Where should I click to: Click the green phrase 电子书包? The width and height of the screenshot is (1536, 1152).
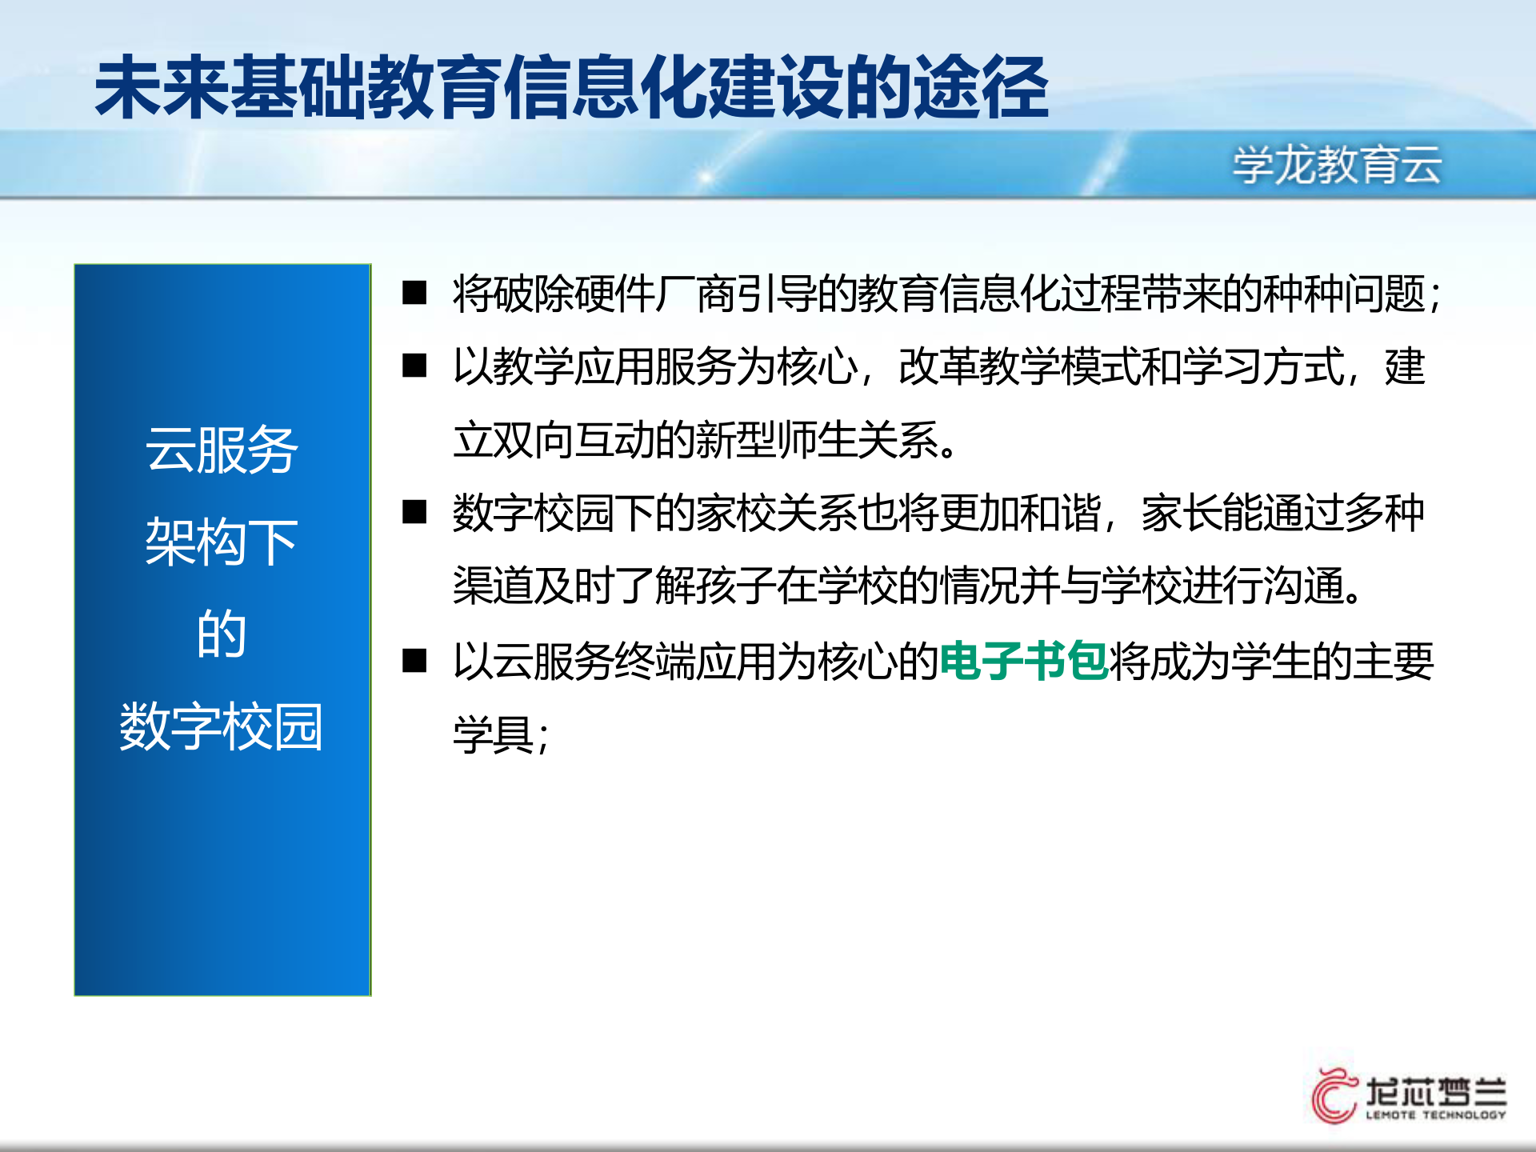point(1023,662)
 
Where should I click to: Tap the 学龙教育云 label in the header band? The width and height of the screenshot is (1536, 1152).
point(1337,165)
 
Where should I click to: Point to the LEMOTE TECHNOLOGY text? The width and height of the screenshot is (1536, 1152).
point(1435,1114)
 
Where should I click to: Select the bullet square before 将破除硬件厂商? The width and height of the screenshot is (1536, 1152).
point(414,293)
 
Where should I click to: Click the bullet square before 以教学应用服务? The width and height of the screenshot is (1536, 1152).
point(414,366)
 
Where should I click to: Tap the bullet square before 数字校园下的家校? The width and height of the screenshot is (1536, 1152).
point(414,512)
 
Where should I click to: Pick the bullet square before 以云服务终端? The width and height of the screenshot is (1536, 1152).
point(414,661)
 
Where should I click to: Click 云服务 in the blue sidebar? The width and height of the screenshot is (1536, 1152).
point(222,450)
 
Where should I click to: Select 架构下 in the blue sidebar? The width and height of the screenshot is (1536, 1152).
point(222,542)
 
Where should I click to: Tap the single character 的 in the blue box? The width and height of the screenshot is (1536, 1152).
point(222,634)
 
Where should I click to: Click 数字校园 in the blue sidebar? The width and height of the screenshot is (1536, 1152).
point(222,726)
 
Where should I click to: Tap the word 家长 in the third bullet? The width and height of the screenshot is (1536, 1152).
point(1182,513)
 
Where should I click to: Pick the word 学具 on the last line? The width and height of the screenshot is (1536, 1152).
point(494,734)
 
